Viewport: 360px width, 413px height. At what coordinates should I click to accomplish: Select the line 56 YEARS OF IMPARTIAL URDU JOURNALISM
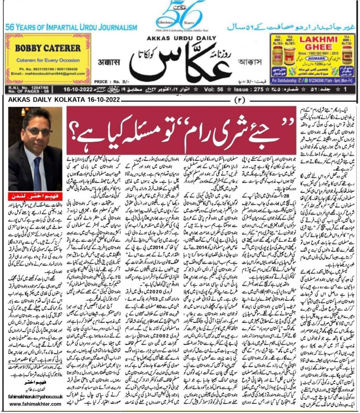71,27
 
